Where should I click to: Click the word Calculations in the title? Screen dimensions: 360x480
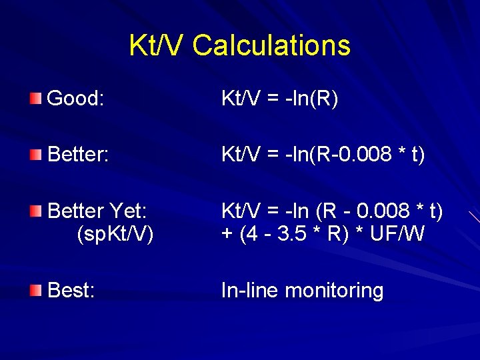(x=271, y=45)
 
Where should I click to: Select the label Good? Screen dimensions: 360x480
(x=76, y=99)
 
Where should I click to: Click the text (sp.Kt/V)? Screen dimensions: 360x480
(x=115, y=235)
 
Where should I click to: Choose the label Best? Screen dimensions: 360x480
(x=71, y=291)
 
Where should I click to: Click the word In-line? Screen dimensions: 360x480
(x=250, y=291)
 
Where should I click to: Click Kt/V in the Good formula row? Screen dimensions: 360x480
(x=240, y=99)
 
